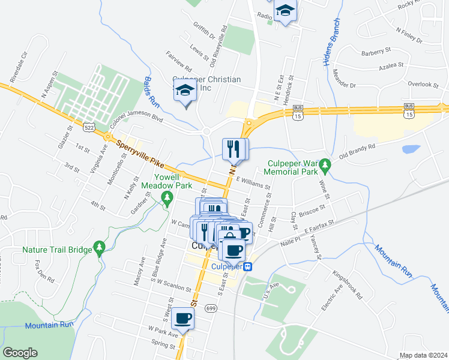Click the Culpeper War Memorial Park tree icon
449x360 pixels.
click(325, 164)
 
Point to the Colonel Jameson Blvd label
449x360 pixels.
click(137, 119)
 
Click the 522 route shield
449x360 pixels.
click(89, 128)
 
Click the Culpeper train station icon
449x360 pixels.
click(246, 266)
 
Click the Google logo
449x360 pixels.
click(20, 353)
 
